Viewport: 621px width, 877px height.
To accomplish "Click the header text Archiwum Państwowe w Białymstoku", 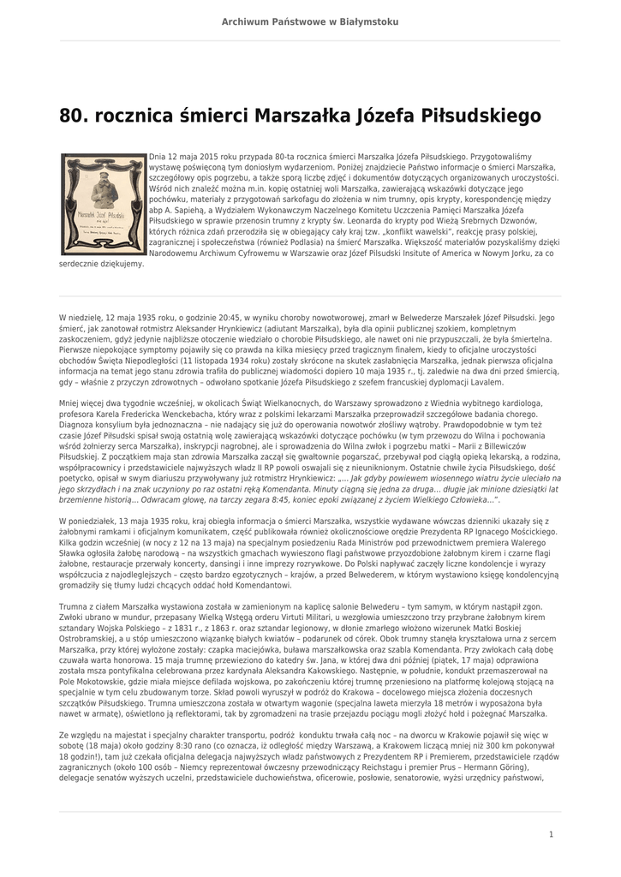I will coord(310,21).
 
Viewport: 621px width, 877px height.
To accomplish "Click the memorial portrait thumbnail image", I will coord(101,204).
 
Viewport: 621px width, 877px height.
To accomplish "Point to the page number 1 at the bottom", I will coord(551,833).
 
